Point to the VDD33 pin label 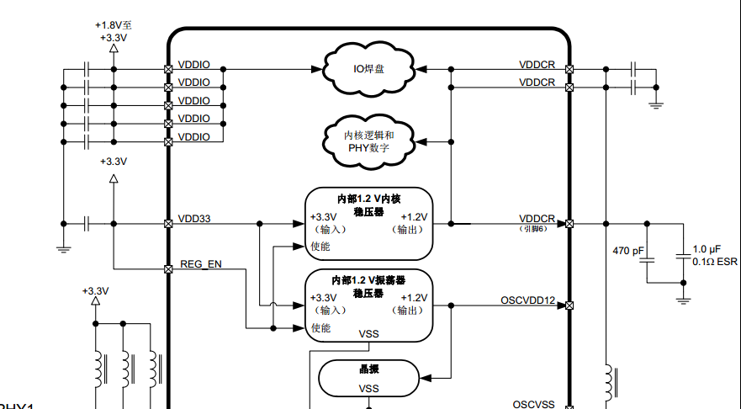(195, 219)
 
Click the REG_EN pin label (201, 264)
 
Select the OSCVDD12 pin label (527, 300)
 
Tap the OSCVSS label (533, 404)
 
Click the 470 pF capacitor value (627, 251)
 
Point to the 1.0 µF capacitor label (706, 250)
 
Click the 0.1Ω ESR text (714, 262)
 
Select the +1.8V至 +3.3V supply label (114, 31)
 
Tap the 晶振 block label (369, 369)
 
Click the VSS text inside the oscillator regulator (369, 334)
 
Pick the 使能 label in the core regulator (320, 247)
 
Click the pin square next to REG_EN (168, 269)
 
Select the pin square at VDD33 (168, 224)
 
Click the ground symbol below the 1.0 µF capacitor (684, 298)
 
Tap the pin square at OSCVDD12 (569, 305)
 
